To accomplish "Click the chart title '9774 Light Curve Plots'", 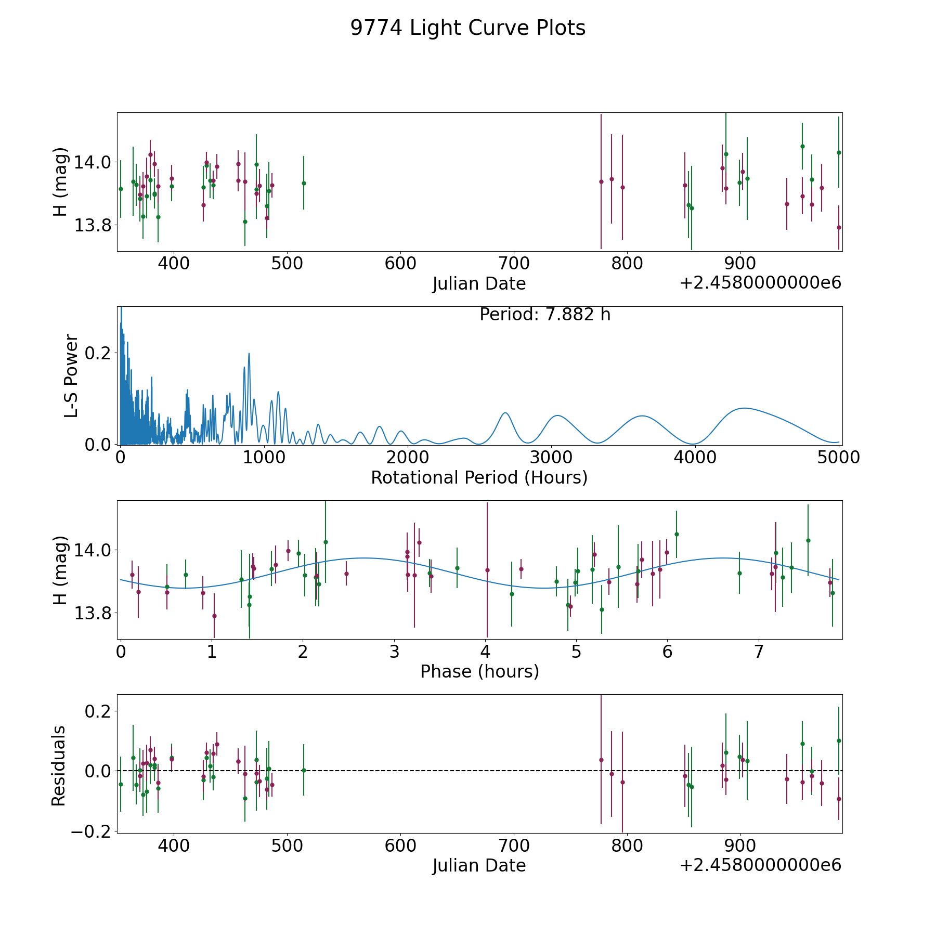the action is click(x=467, y=28).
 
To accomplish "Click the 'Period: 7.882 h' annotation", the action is click(x=545, y=315).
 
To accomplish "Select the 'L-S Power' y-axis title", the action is click(x=71, y=376).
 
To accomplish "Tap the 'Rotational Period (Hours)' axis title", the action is click(x=479, y=477).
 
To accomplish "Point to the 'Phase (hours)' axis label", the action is click(x=479, y=671).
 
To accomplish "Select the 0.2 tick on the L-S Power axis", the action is click(x=100, y=353).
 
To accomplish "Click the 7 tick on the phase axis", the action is click(x=759, y=652).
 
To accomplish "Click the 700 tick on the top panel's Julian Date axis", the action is click(x=514, y=264).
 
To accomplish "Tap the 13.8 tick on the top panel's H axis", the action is click(x=93, y=225).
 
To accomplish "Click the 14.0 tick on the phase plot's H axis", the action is click(x=93, y=550).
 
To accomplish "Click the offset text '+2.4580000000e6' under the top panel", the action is click(x=761, y=283).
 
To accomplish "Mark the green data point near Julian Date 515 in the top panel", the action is click(x=304, y=183).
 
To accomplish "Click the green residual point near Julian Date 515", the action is click(x=304, y=770).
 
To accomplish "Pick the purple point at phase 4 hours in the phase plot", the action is click(x=487, y=570).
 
